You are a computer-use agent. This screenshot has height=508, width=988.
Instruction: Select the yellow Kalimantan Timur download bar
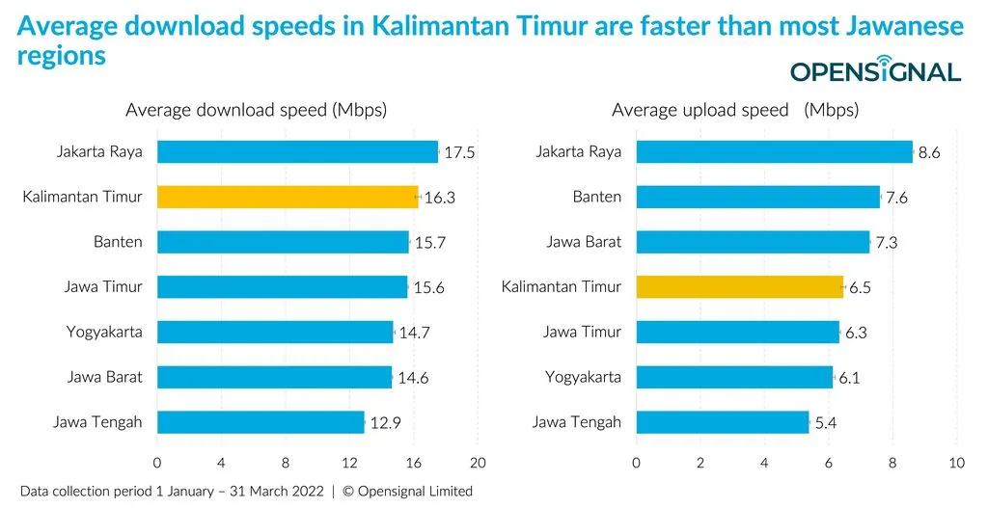(x=288, y=197)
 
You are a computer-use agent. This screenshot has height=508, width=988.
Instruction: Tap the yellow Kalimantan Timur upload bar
(x=740, y=286)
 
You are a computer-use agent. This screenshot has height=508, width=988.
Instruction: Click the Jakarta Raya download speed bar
(x=297, y=151)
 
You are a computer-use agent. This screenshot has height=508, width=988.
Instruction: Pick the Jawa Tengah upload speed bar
(x=723, y=421)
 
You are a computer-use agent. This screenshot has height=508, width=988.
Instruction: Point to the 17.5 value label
(x=459, y=152)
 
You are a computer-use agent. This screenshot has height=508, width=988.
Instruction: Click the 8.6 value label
(x=929, y=152)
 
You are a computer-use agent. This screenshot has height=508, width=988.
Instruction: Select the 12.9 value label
(x=385, y=422)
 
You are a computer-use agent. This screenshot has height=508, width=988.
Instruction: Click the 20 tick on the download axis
(x=477, y=463)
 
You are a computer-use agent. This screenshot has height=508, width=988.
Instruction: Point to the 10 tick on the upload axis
(x=956, y=463)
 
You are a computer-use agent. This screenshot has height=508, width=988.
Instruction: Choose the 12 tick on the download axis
(x=349, y=463)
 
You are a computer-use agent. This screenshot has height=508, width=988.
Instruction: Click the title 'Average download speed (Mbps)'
(x=256, y=110)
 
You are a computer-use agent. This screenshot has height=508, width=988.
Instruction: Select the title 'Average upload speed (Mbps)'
(x=734, y=110)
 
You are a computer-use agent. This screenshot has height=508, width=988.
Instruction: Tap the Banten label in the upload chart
(x=597, y=197)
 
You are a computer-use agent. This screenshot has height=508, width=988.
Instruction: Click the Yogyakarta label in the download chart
(x=104, y=332)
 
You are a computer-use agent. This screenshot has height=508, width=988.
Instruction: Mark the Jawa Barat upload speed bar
(x=754, y=242)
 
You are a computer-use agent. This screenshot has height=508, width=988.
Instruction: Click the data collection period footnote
(x=246, y=491)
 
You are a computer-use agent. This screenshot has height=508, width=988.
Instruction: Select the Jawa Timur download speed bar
(x=282, y=286)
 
